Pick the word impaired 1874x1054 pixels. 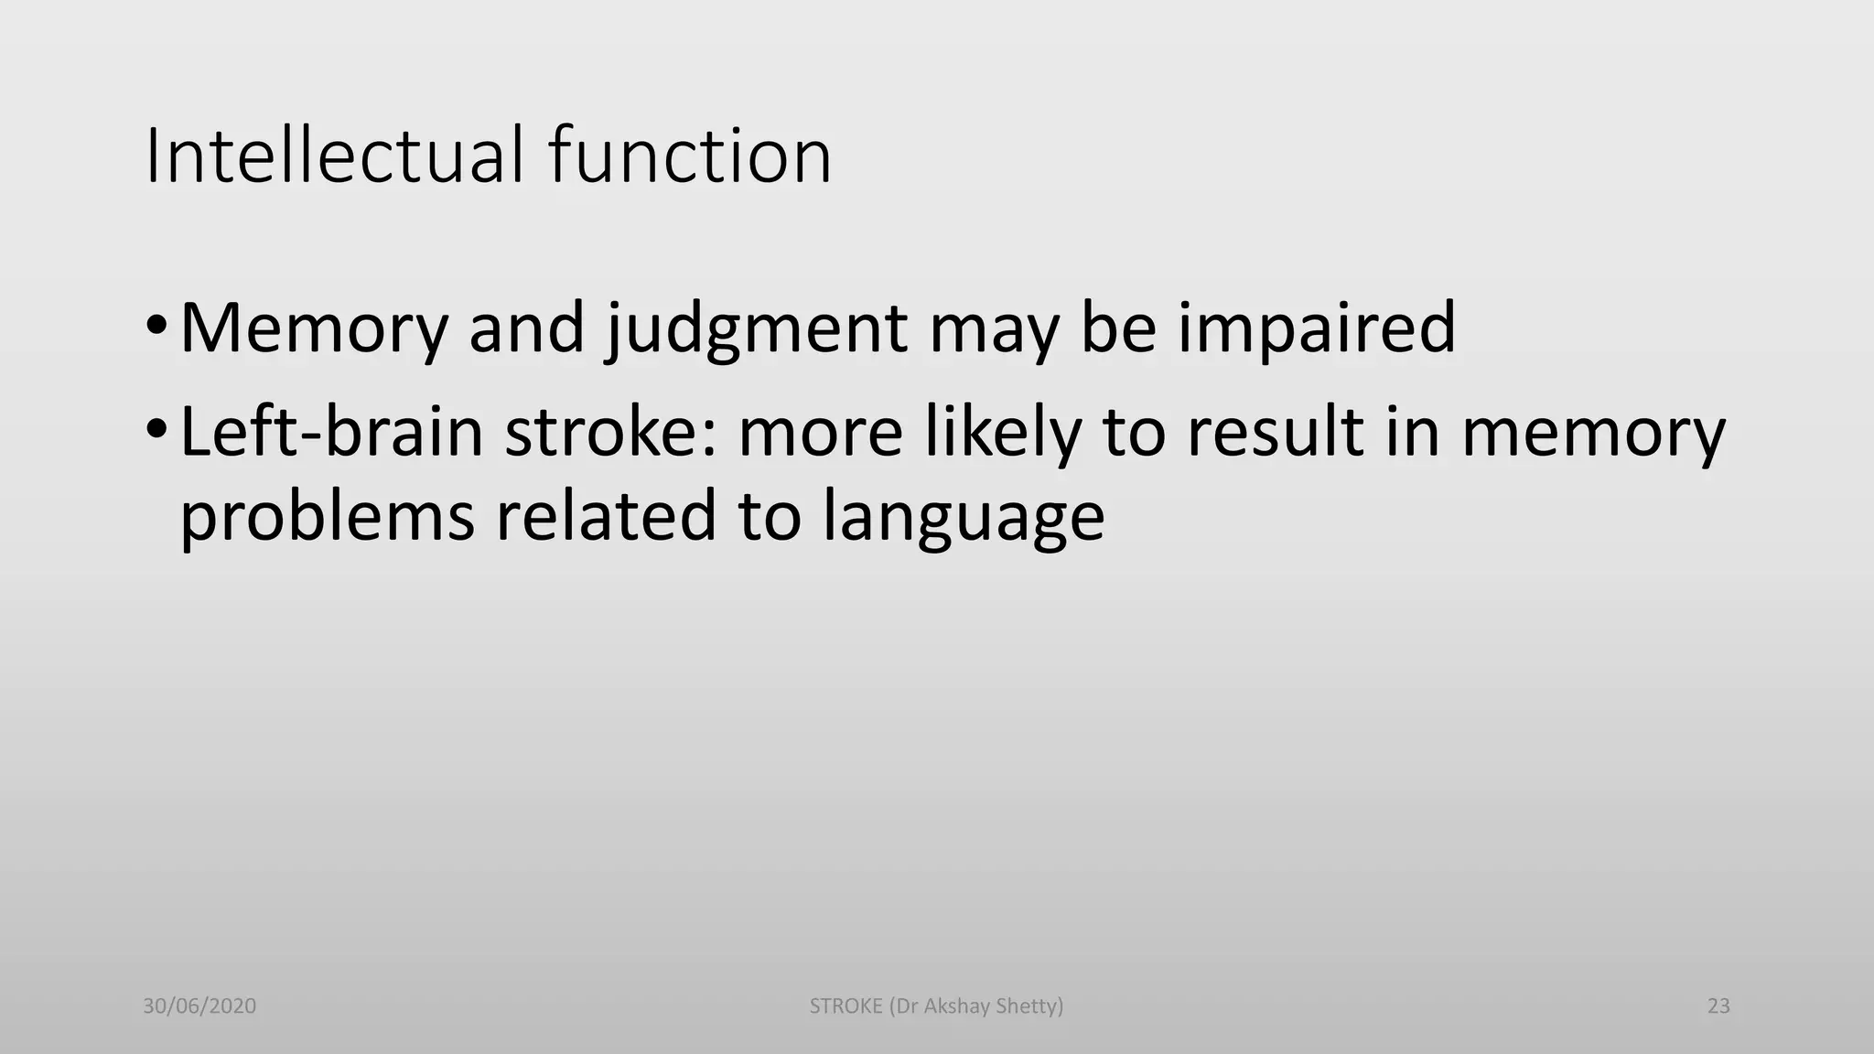[1316, 329]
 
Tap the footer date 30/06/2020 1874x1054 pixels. [199, 1006]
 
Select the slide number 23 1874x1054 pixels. [1718, 1006]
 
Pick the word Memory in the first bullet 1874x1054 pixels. [314, 329]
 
